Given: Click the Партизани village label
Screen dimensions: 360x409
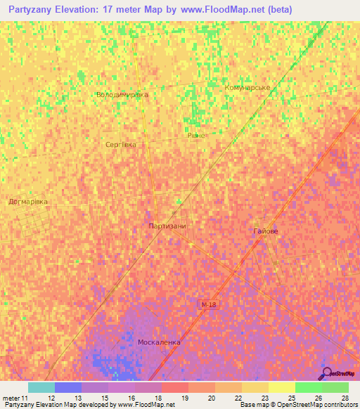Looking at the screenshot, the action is click(167, 226).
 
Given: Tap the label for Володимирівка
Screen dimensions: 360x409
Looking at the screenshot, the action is click(122, 94).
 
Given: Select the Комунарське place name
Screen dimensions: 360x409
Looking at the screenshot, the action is click(247, 87).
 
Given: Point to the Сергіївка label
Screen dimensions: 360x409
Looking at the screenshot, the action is click(120, 144).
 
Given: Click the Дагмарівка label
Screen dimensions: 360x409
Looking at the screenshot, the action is click(28, 201).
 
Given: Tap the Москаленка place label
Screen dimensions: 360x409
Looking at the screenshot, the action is click(159, 342).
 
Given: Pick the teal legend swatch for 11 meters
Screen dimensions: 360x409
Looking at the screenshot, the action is click(41, 387).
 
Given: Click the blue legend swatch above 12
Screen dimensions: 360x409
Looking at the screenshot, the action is click(68, 387).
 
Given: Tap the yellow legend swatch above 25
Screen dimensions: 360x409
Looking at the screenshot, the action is click(282, 387).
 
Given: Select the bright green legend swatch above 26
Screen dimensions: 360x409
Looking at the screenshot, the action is click(309, 387).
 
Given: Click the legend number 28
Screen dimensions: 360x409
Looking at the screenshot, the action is click(345, 398).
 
